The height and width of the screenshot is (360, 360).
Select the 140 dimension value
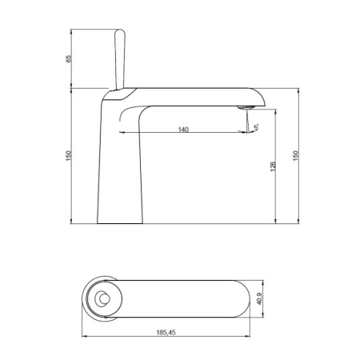pos(183,130)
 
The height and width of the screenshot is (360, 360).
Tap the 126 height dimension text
pos(274,166)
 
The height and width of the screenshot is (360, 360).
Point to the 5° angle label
pos(255,125)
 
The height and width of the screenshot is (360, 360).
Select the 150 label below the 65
pos(69,154)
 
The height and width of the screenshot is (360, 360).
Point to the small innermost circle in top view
pos(102,300)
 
